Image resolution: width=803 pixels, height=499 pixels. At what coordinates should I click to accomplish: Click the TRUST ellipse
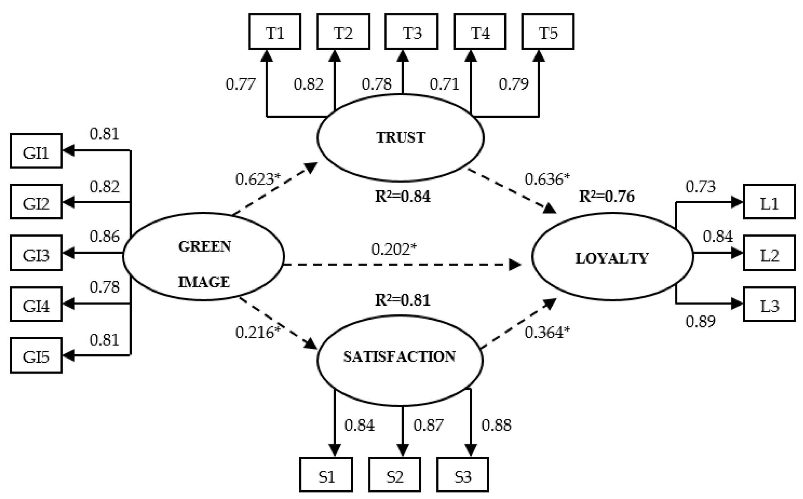click(400, 138)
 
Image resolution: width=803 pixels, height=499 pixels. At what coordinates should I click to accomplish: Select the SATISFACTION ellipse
click(400, 360)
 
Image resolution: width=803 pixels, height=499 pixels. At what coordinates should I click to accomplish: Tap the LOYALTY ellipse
click(612, 257)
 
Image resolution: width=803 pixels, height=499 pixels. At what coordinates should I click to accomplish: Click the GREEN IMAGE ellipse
click(203, 257)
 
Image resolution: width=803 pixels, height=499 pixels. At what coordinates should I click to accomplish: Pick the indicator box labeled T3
click(411, 32)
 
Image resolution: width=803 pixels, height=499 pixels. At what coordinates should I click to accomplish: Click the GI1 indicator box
click(36, 152)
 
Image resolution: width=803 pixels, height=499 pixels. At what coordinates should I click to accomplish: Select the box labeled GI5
click(36, 356)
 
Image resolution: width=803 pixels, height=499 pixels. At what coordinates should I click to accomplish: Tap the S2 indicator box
click(395, 475)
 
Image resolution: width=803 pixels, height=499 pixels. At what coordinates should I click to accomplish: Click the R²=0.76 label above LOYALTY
click(606, 196)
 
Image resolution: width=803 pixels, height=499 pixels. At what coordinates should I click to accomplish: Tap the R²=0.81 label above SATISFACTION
click(402, 300)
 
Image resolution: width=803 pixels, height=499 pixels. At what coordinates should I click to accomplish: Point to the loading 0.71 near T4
click(444, 84)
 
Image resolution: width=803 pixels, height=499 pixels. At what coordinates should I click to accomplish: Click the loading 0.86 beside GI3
click(104, 237)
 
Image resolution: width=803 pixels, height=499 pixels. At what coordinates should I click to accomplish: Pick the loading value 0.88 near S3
click(496, 425)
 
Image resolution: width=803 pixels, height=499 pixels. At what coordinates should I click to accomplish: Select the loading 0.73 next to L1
click(700, 187)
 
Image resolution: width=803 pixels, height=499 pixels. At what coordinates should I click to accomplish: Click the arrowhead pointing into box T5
click(539, 56)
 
